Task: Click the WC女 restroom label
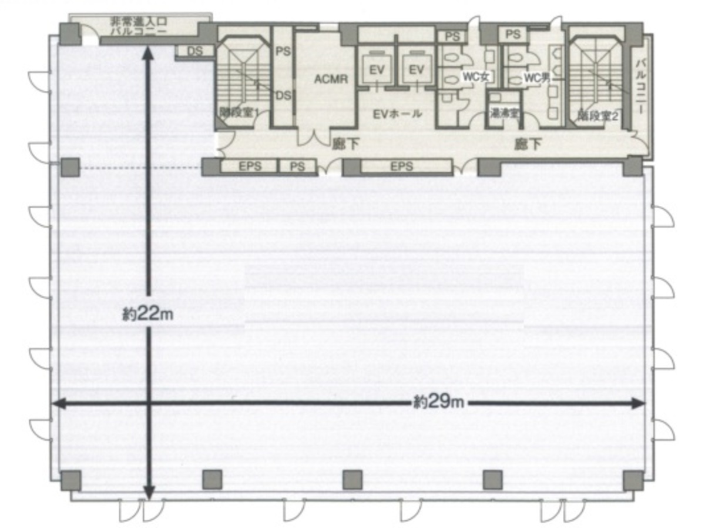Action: point(476,76)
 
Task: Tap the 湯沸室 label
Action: point(504,114)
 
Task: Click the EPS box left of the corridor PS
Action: point(249,166)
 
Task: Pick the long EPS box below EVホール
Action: point(402,166)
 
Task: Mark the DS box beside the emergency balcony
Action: point(195,51)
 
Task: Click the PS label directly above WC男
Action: point(513,35)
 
